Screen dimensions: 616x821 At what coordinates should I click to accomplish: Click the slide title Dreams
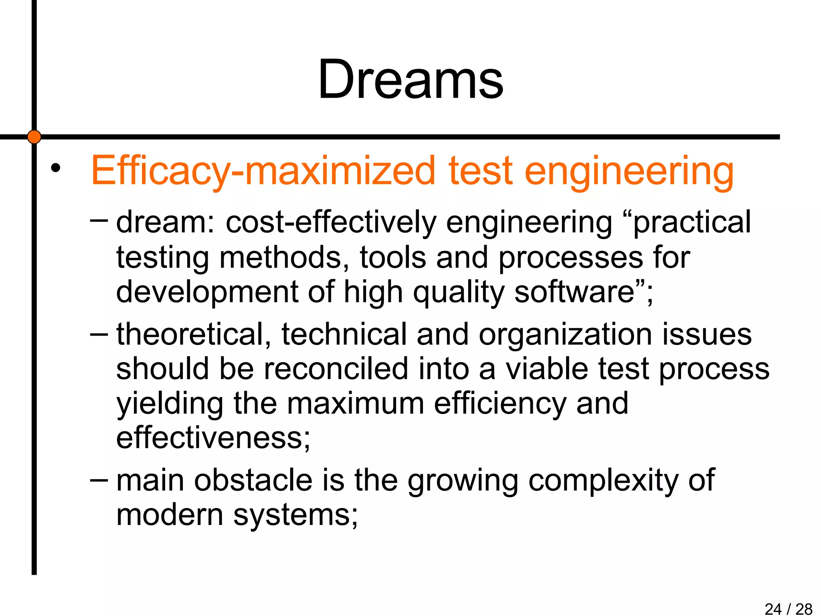(410, 79)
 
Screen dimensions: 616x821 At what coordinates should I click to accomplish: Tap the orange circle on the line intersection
(34, 137)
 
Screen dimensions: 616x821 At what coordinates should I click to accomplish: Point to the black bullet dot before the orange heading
(55, 168)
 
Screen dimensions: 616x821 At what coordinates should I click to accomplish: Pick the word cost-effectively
(331, 223)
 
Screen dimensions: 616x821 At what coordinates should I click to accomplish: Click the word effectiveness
(213, 438)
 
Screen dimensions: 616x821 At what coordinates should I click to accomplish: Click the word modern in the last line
(169, 515)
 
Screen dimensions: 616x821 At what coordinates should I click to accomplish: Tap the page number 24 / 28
(788, 609)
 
